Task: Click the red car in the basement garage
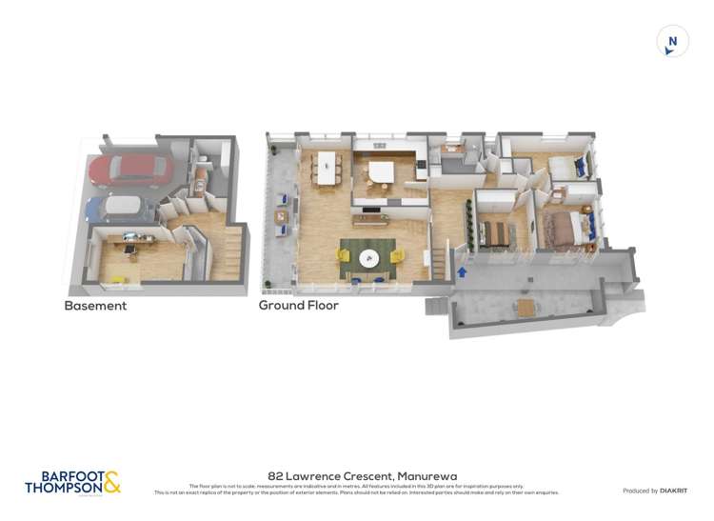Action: pyautogui.click(x=130, y=171)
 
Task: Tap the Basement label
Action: pyautogui.click(x=95, y=307)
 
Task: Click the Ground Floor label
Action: pyautogui.click(x=298, y=307)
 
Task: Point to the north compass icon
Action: pyautogui.click(x=672, y=41)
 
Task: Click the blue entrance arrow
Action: pyautogui.click(x=463, y=272)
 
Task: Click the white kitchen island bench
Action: pyautogui.click(x=381, y=172)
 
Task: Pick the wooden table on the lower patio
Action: pyautogui.click(x=526, y=308)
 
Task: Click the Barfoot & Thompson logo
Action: pyautogui.click(x=73, y=483)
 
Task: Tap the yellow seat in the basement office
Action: pyautogui.click(x=118, y=279)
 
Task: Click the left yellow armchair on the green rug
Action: pyautogui.click(x=344, y=254)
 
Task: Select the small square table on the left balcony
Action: pyautogui.click(x=281, y=218)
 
